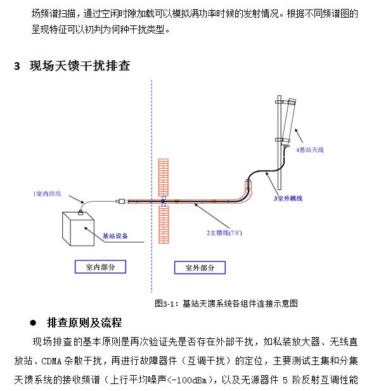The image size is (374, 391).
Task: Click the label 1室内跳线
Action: pyautogui.click(x=47, y=194)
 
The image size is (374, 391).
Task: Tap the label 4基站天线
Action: pyautogui.click(x=310, y=150)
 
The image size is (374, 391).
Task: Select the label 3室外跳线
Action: pyautogui.click(x=288, y=198)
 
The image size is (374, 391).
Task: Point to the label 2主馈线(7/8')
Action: pyautogui.click(x=224, y=233)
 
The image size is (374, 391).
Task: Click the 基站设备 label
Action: pyautogui.click(x=115, y=236)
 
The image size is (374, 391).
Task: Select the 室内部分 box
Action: pyautogui.click(x=100, y=267)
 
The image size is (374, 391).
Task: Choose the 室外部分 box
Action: pyautogui.click(x=200, y=268)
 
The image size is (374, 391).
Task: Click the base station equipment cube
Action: pyautogui.click(x=78, y=229)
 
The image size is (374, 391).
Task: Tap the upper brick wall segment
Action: pyautogui.click(x=164, y=177)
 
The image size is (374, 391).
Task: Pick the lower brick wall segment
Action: pyautogui.click(x=164, y=225)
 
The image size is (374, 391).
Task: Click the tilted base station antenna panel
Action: pyautogui.click(x=288, y=122)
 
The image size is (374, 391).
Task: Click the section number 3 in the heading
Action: pyautogui.click(x=17, y=66)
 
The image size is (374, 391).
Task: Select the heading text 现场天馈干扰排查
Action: pyautogui.click(x=80, y=66)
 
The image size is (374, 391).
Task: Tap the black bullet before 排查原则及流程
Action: pyautogui.click(x=33, y=323)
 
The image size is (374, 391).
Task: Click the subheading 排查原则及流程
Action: pyautogui.click(x=84, y=322)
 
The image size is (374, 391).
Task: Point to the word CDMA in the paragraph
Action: pyautogui.click(x=51, y=361)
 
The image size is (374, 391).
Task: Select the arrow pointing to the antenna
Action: pyautogui.click(x=299, y=136)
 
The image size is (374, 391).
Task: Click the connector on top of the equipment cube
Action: pyautogui.click(x=81, y=213)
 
